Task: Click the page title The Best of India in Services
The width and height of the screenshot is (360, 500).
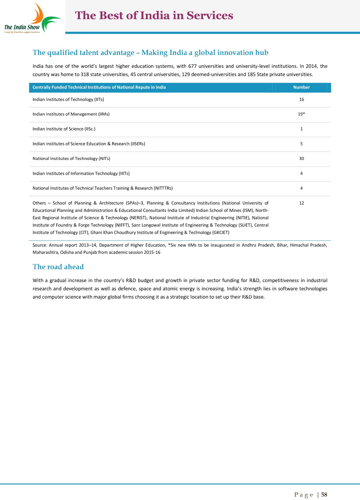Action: (x=154, y=16)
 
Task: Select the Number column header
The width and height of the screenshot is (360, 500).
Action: (x=301, y=87)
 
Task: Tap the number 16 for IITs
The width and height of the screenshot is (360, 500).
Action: (x=301, y=99)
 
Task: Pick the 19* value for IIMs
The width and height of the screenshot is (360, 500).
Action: (x=301, y=114)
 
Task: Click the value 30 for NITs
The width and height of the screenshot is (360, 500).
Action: (x=301, y=159)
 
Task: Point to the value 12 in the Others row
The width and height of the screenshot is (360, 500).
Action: (x=301, y=203)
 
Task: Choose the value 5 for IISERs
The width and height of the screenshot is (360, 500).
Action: (x=301, y=144)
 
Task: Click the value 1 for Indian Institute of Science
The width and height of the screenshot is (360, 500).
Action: (x=301, y=129)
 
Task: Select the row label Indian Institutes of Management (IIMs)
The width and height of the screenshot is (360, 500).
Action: (x=71, y=114)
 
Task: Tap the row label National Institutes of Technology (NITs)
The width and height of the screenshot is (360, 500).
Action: (x=71, y=159)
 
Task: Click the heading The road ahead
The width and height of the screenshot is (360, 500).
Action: (x=58, y=267)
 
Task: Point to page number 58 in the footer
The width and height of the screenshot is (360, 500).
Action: (x=324, y=495)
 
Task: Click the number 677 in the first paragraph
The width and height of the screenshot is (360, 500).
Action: (x=192, y=66)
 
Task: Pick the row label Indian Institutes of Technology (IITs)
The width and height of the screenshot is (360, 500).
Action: (x=68, y=99)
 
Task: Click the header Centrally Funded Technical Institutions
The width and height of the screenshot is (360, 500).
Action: (x=99, y=87)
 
